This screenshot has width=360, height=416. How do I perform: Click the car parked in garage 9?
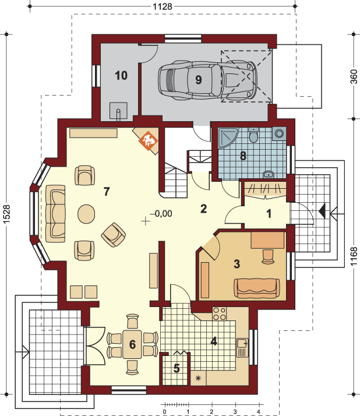[x=207, y=80]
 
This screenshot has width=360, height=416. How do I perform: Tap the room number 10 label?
[x=121, y=76]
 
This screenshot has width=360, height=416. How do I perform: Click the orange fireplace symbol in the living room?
[x=149, y=140]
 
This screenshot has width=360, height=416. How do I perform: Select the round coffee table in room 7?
[x=86, y=214]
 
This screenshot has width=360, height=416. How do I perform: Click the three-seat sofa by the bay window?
[x=55, y=214]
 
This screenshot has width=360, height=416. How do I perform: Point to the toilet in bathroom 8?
[x=253, y=136]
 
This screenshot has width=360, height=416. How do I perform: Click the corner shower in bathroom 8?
[x=227, y=137]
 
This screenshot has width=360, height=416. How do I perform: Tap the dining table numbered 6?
[x=132, y=344]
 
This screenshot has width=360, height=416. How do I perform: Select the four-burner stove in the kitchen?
[x=220, y=313]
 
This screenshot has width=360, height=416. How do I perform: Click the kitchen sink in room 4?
[x=242, y=348]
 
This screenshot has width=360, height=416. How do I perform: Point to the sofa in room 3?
[x=257, y=288]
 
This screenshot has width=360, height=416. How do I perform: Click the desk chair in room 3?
[x=268, y=256]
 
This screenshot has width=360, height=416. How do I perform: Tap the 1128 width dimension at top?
[x=163, y=6]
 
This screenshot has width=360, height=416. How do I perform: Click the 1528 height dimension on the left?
[x=6, y=214]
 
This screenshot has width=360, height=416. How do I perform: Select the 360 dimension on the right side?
[x=354, y=77]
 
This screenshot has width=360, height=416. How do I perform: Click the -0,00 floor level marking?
[x=161, y=214]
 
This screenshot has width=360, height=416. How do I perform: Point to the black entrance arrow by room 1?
[x=322, y=211]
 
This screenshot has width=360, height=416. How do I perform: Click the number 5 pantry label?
[x=177, y=368]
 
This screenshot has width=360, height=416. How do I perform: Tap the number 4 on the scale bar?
[x=259, y=412]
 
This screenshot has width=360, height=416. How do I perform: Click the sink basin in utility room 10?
[x=118, y=111]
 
